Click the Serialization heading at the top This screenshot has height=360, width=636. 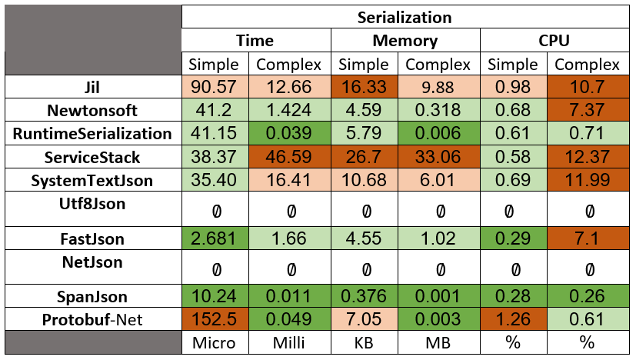[x=404, y=17]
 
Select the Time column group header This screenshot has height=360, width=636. [x=255, y=41]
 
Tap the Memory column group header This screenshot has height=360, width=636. [x=405, y=41]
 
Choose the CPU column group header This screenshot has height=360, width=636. [x=554, y=41]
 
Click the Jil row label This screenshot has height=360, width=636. [x=92, y=85]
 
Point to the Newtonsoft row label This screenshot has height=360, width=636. [x=92, y=109]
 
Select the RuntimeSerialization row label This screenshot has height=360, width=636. [x=92, y=133]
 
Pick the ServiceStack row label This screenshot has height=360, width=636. [x=92, y=157]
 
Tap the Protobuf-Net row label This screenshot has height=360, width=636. [x=92, y=319]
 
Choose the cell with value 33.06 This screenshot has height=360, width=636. [x=441, y=158]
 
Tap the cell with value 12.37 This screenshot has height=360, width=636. [x=591, y=158]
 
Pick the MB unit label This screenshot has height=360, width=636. [x=441, y=343]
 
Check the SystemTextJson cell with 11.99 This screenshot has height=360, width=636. [x=591, y=182]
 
